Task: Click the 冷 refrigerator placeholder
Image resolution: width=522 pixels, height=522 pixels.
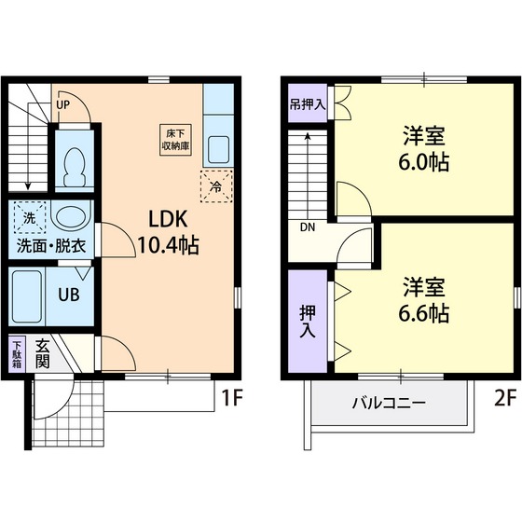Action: click(215, 185)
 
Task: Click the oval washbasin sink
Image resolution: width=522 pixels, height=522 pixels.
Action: click(69, 219)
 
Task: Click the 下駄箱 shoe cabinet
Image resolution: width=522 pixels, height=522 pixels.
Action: click(17, 354)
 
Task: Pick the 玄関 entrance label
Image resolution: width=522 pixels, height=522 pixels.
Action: click(43, 354)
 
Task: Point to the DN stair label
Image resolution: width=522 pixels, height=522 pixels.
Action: click(308, 227)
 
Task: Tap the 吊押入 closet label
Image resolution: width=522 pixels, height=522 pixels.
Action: click(307, 103)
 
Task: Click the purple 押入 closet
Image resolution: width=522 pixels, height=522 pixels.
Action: click(307, 315)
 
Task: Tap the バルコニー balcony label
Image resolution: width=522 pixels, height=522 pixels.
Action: click(389, 404)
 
